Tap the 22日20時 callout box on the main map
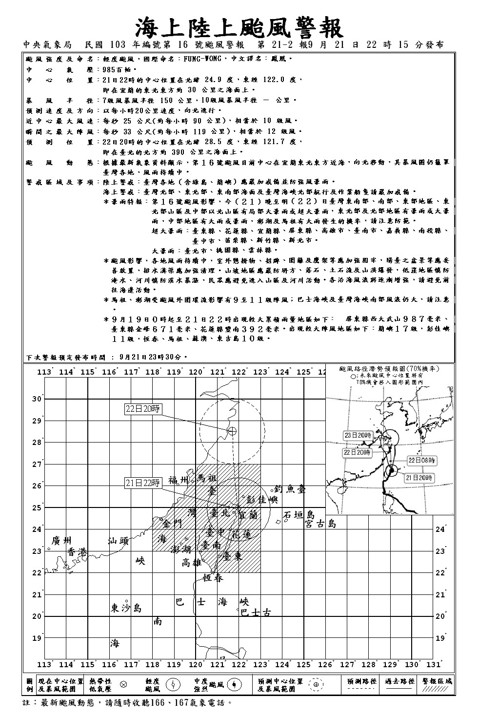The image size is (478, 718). tap(143, 409)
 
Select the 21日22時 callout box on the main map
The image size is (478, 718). tap(143, 483)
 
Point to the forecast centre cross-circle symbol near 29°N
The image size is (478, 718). tap(233, 430)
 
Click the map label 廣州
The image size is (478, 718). tap(61, 540)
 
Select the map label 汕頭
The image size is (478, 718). tap(118, 541)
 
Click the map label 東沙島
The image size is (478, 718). tap(126, 608)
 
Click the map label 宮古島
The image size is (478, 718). tap(320, 524)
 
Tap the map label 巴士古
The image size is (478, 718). tap(256, 612)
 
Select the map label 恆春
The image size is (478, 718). tap(213, 578)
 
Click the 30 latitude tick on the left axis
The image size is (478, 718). tap(37, 399)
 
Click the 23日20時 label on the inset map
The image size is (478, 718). tap(358, 435)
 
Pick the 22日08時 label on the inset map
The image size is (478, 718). tap(422, 460)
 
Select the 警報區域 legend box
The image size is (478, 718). tap(438, 685)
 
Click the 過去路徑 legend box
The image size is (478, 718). tap(400, 685)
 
